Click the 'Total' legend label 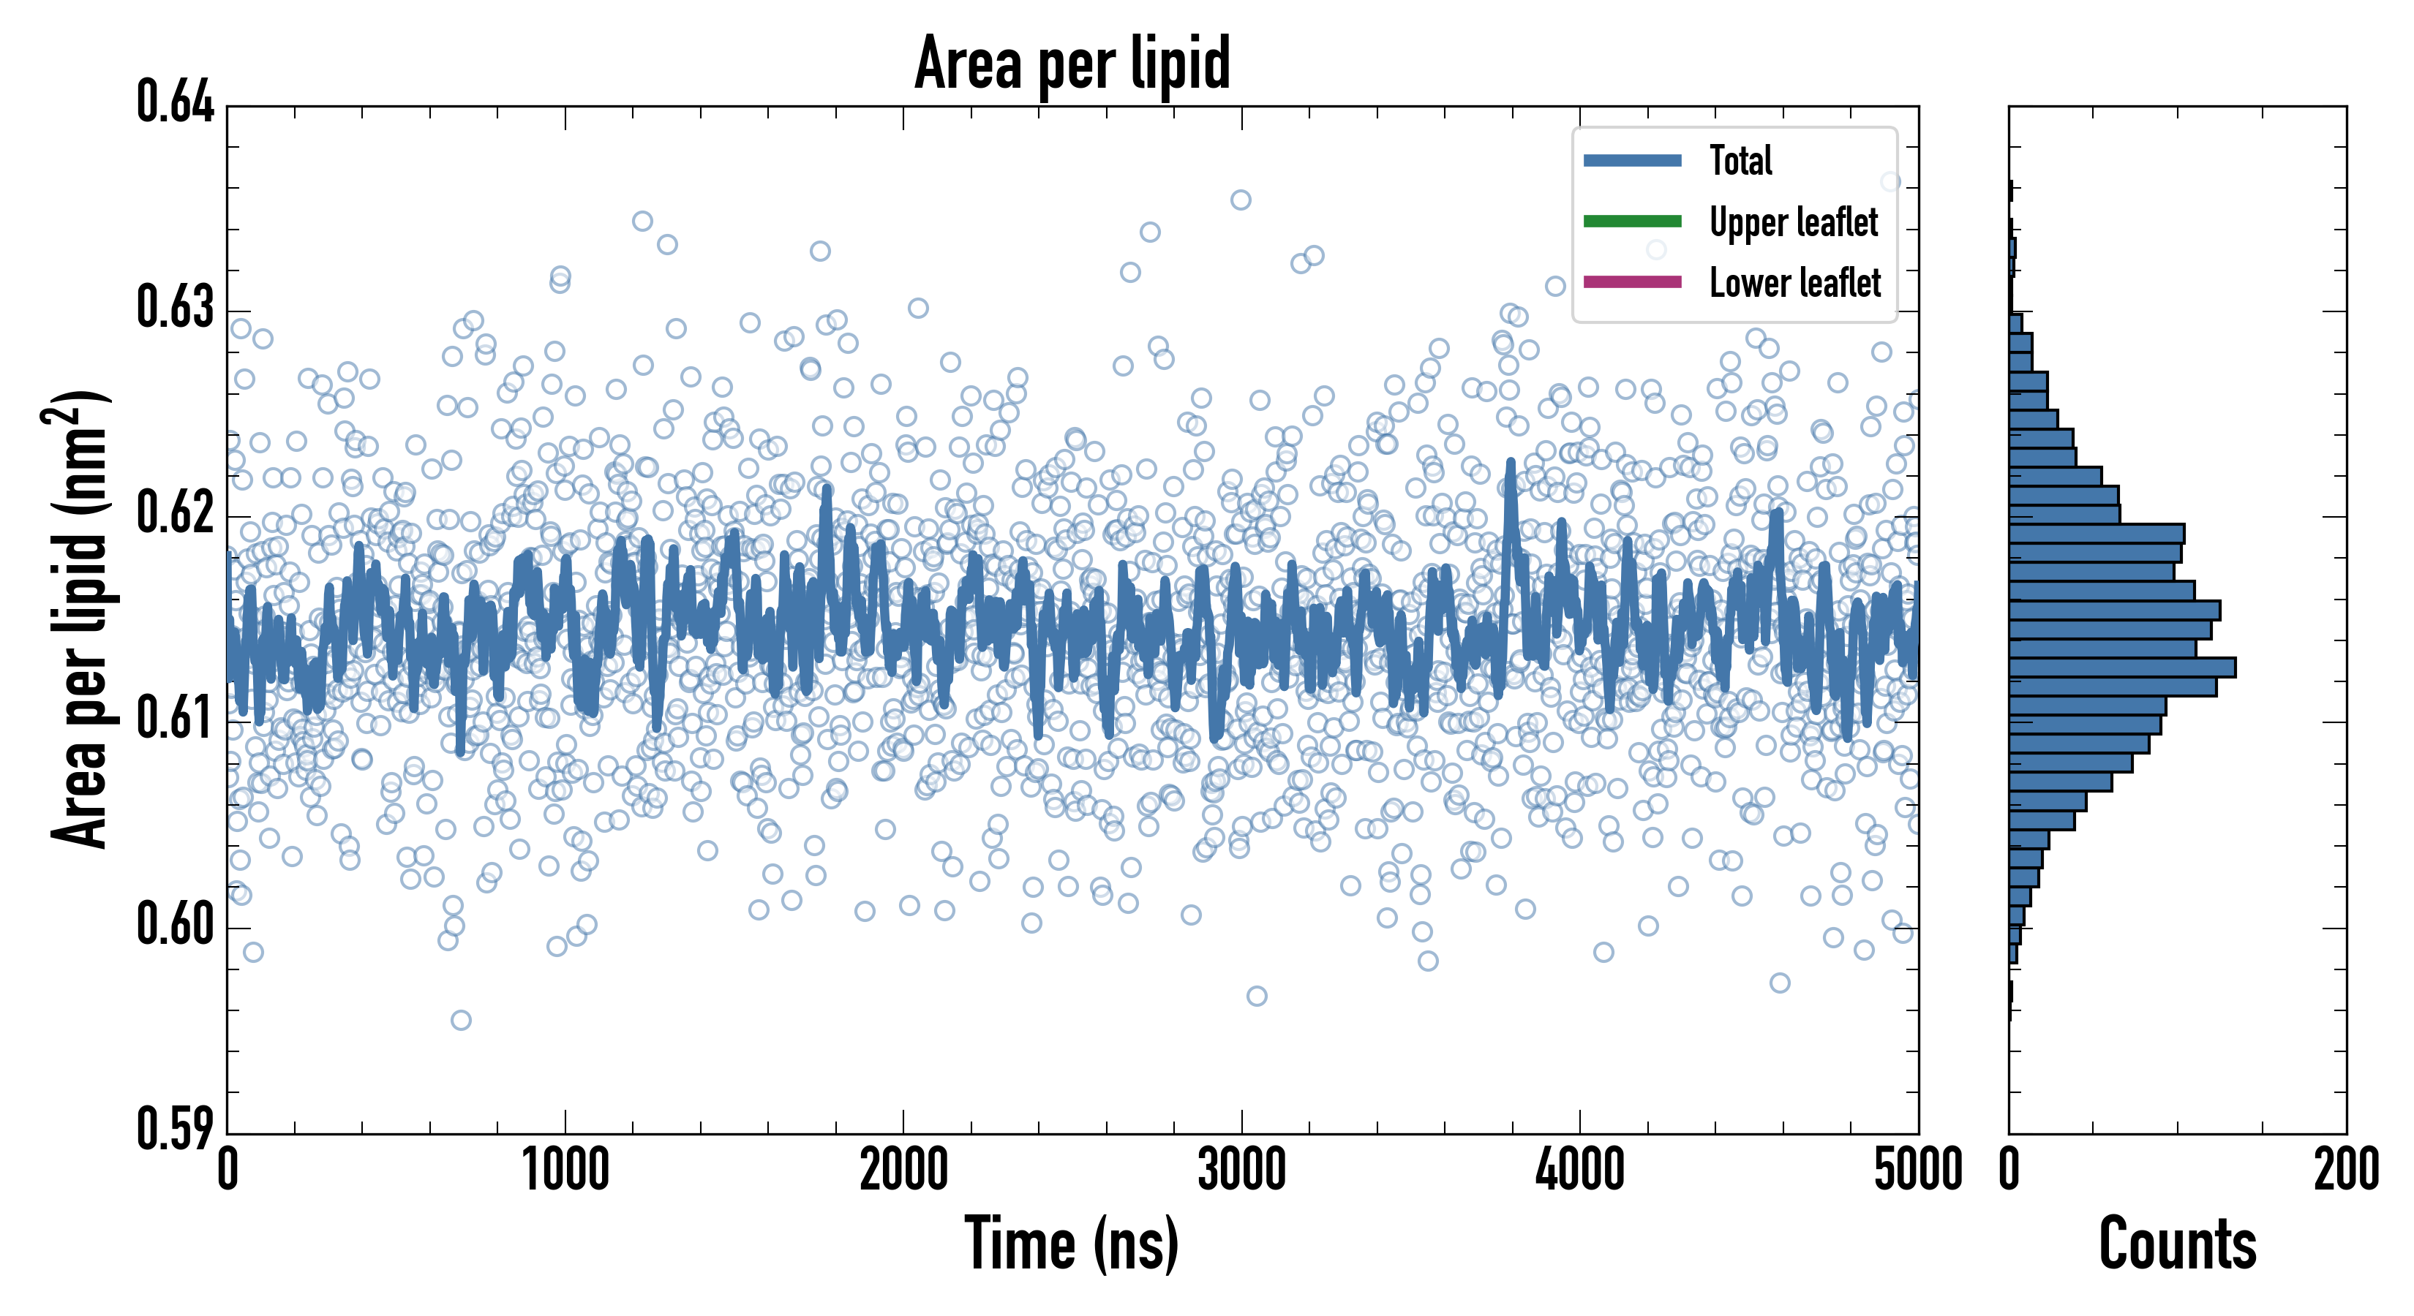1740,160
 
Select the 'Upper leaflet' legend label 1793,222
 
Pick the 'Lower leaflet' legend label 1794,282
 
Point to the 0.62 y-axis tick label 176,513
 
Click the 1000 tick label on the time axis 565,1170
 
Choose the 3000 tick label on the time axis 1241,1170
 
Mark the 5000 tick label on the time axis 1917,1170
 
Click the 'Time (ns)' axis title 1072,1244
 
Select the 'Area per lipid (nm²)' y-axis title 79,619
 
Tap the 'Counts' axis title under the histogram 2177,1244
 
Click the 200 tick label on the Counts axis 2345,1170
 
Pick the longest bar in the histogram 2121,667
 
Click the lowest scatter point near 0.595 461,1020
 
